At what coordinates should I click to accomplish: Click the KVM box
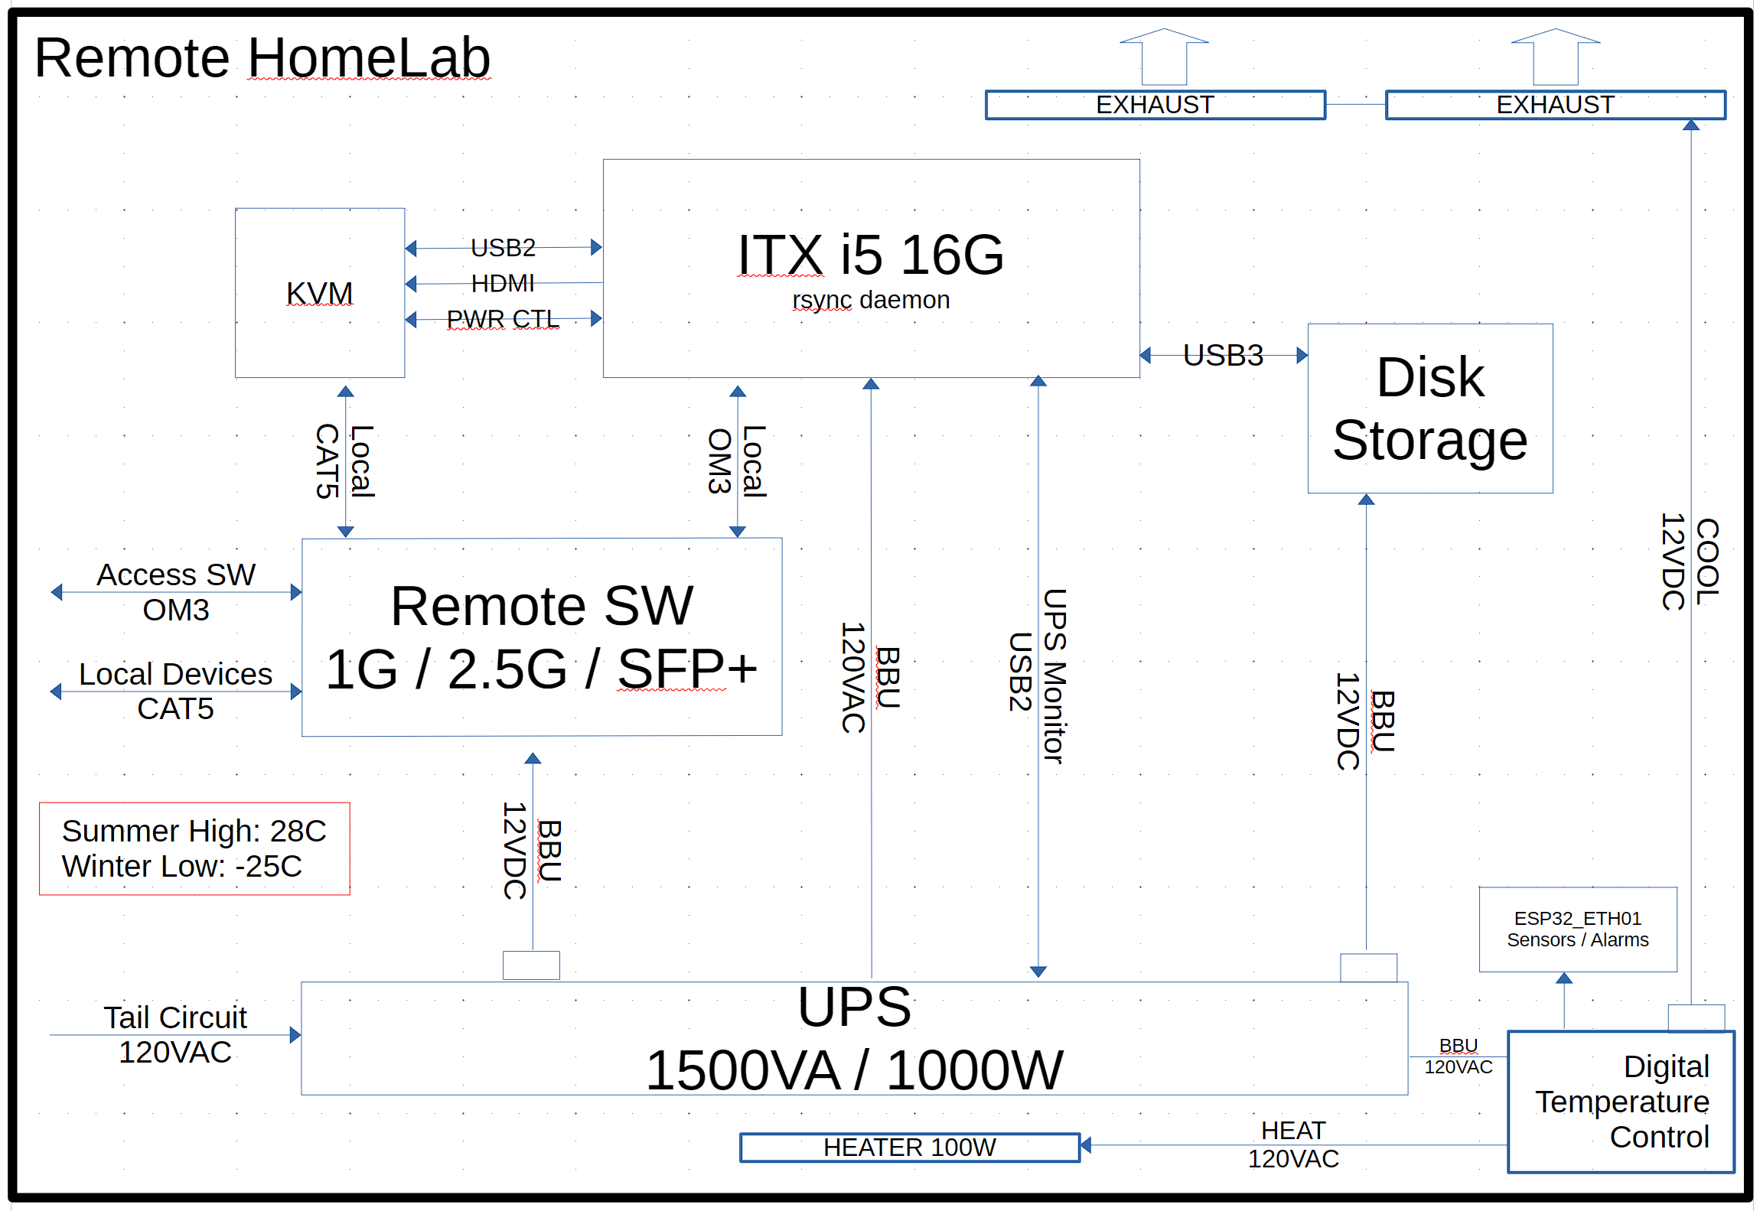tap(319, 293)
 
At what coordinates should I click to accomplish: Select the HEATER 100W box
tap(909, 1147)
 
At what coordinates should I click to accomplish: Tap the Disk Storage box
tap(1429, 409)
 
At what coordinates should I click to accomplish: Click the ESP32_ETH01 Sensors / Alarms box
tap(1577, 929)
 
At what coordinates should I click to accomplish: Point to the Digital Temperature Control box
tap(1620, 1101)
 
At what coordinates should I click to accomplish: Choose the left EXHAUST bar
tap(1155, 105)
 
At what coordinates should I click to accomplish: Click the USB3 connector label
tap(1223, 355)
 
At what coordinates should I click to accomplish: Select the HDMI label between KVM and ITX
tap(503, 284)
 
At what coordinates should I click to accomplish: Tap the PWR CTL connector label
tap(503, 319)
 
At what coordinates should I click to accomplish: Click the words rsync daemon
tap(871, 300)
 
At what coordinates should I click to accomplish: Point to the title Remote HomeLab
tap(262, 58)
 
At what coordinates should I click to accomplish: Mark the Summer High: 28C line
tap(194, 831)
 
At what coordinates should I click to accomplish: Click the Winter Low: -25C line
tap(181, 866)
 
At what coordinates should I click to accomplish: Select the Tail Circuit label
tap(175, 1017)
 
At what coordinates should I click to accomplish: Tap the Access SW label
tap(175, 575)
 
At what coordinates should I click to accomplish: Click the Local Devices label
tap(175, 674)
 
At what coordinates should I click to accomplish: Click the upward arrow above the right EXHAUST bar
tap(1555, 57)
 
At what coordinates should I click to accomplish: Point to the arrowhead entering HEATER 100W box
tap(1085, 1145)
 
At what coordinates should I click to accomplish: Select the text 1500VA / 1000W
tap(854, 1069)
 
